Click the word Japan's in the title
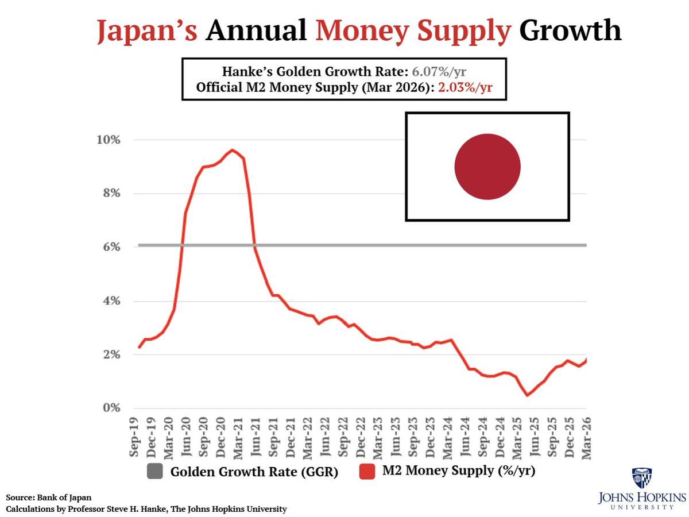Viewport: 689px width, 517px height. click(146, 30)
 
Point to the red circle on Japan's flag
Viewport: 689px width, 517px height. click(487, 167)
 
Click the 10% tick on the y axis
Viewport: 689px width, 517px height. click(108, 140)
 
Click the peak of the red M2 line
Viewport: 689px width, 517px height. click(232, 150)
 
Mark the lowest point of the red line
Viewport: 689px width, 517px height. click(527, 395)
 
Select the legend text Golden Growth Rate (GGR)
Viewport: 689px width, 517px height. click(253, 472)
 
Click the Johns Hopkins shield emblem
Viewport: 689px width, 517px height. click(641, 477)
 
